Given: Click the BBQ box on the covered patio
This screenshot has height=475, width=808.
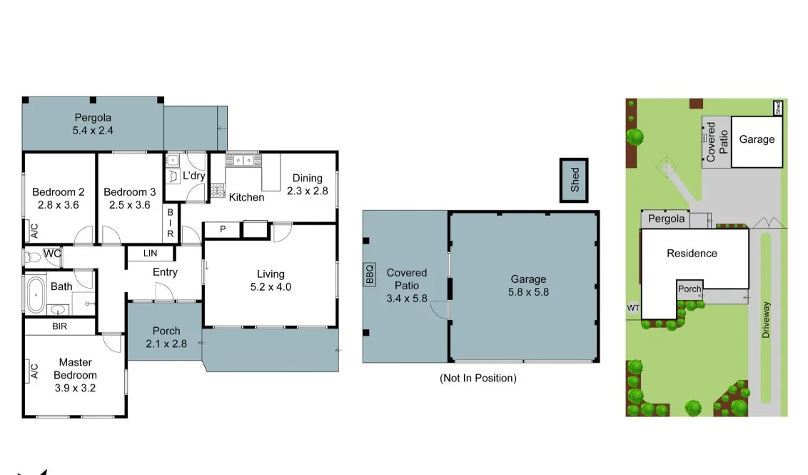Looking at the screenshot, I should pos(370,275).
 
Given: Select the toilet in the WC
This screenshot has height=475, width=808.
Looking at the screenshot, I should pos(32,256).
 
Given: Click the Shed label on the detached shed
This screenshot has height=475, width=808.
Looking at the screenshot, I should pos(575,180).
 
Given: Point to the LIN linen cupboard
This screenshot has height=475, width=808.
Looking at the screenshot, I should pos(150,254).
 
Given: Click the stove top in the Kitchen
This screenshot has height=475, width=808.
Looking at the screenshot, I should pos(217,190).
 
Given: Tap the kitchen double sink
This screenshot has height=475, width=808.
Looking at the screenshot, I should pos(241,161).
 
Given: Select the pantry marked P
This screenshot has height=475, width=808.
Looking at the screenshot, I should pos(223,229).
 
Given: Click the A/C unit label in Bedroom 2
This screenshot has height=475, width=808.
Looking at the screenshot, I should pos(34,230).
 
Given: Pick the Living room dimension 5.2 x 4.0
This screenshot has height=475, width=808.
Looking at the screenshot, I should pos(271,287).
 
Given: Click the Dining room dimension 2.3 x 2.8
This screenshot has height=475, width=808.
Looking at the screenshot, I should pos(307,191).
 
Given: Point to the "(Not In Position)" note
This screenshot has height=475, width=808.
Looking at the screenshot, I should pos(478,378).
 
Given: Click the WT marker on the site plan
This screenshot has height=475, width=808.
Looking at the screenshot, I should pos(632,308).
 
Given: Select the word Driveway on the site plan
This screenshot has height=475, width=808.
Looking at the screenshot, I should pos(767,319).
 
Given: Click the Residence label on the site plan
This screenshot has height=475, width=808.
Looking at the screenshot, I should pos(692,253).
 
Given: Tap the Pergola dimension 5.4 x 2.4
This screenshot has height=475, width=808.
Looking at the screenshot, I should pos(93,131).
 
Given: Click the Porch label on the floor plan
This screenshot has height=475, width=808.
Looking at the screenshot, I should pos(166,331).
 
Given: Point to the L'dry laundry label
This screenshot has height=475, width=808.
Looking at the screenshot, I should pos(194,176).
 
